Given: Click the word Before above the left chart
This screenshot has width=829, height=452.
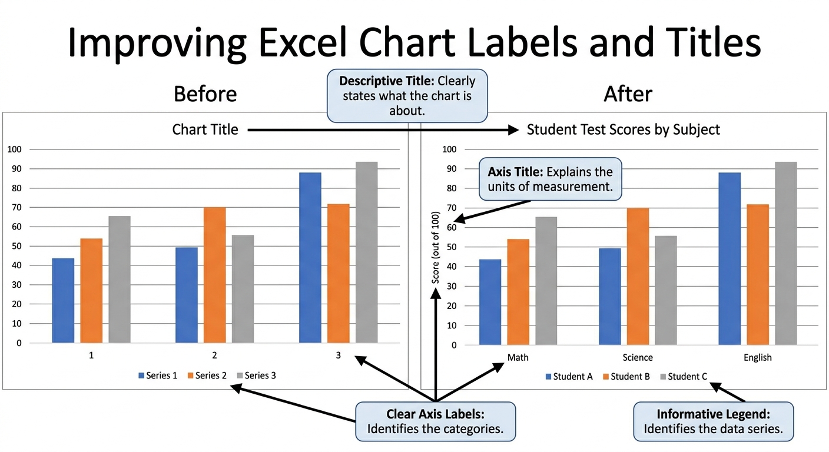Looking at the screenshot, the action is (205, 94).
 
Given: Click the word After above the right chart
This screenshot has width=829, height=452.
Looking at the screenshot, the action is (628, 94).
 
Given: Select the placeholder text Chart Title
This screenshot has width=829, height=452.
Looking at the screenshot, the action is (205, 129).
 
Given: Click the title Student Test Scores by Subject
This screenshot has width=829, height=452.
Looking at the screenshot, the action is (624, 129).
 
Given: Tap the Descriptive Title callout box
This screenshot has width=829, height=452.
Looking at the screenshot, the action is (407, 96).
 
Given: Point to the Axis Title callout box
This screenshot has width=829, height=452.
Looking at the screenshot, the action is (551, 179).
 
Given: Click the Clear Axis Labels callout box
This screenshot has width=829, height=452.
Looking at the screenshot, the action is (435, 421).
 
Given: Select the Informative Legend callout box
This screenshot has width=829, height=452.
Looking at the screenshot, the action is (713, 421).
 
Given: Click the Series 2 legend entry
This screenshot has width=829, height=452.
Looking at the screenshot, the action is (207, 375).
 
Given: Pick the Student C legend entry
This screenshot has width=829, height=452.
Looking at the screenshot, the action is (684, 377).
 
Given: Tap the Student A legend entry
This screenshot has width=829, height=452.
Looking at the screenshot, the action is (569, 377).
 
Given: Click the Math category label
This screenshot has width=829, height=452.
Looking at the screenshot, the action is (518, 357).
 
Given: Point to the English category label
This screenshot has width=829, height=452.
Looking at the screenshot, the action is (758, 358).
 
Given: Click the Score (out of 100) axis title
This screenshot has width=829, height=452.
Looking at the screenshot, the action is (436, 247).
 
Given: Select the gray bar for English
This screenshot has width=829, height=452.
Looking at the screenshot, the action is (786, 254).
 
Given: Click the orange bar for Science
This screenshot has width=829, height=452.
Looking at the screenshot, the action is (638, 276).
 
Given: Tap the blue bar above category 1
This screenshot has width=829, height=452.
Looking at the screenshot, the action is (63, 300).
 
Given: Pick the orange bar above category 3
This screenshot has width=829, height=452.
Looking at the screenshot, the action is (339, 273).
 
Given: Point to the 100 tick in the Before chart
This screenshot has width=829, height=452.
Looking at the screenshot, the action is (15, 149).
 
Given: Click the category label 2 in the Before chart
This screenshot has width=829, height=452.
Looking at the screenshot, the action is (214, 355).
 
